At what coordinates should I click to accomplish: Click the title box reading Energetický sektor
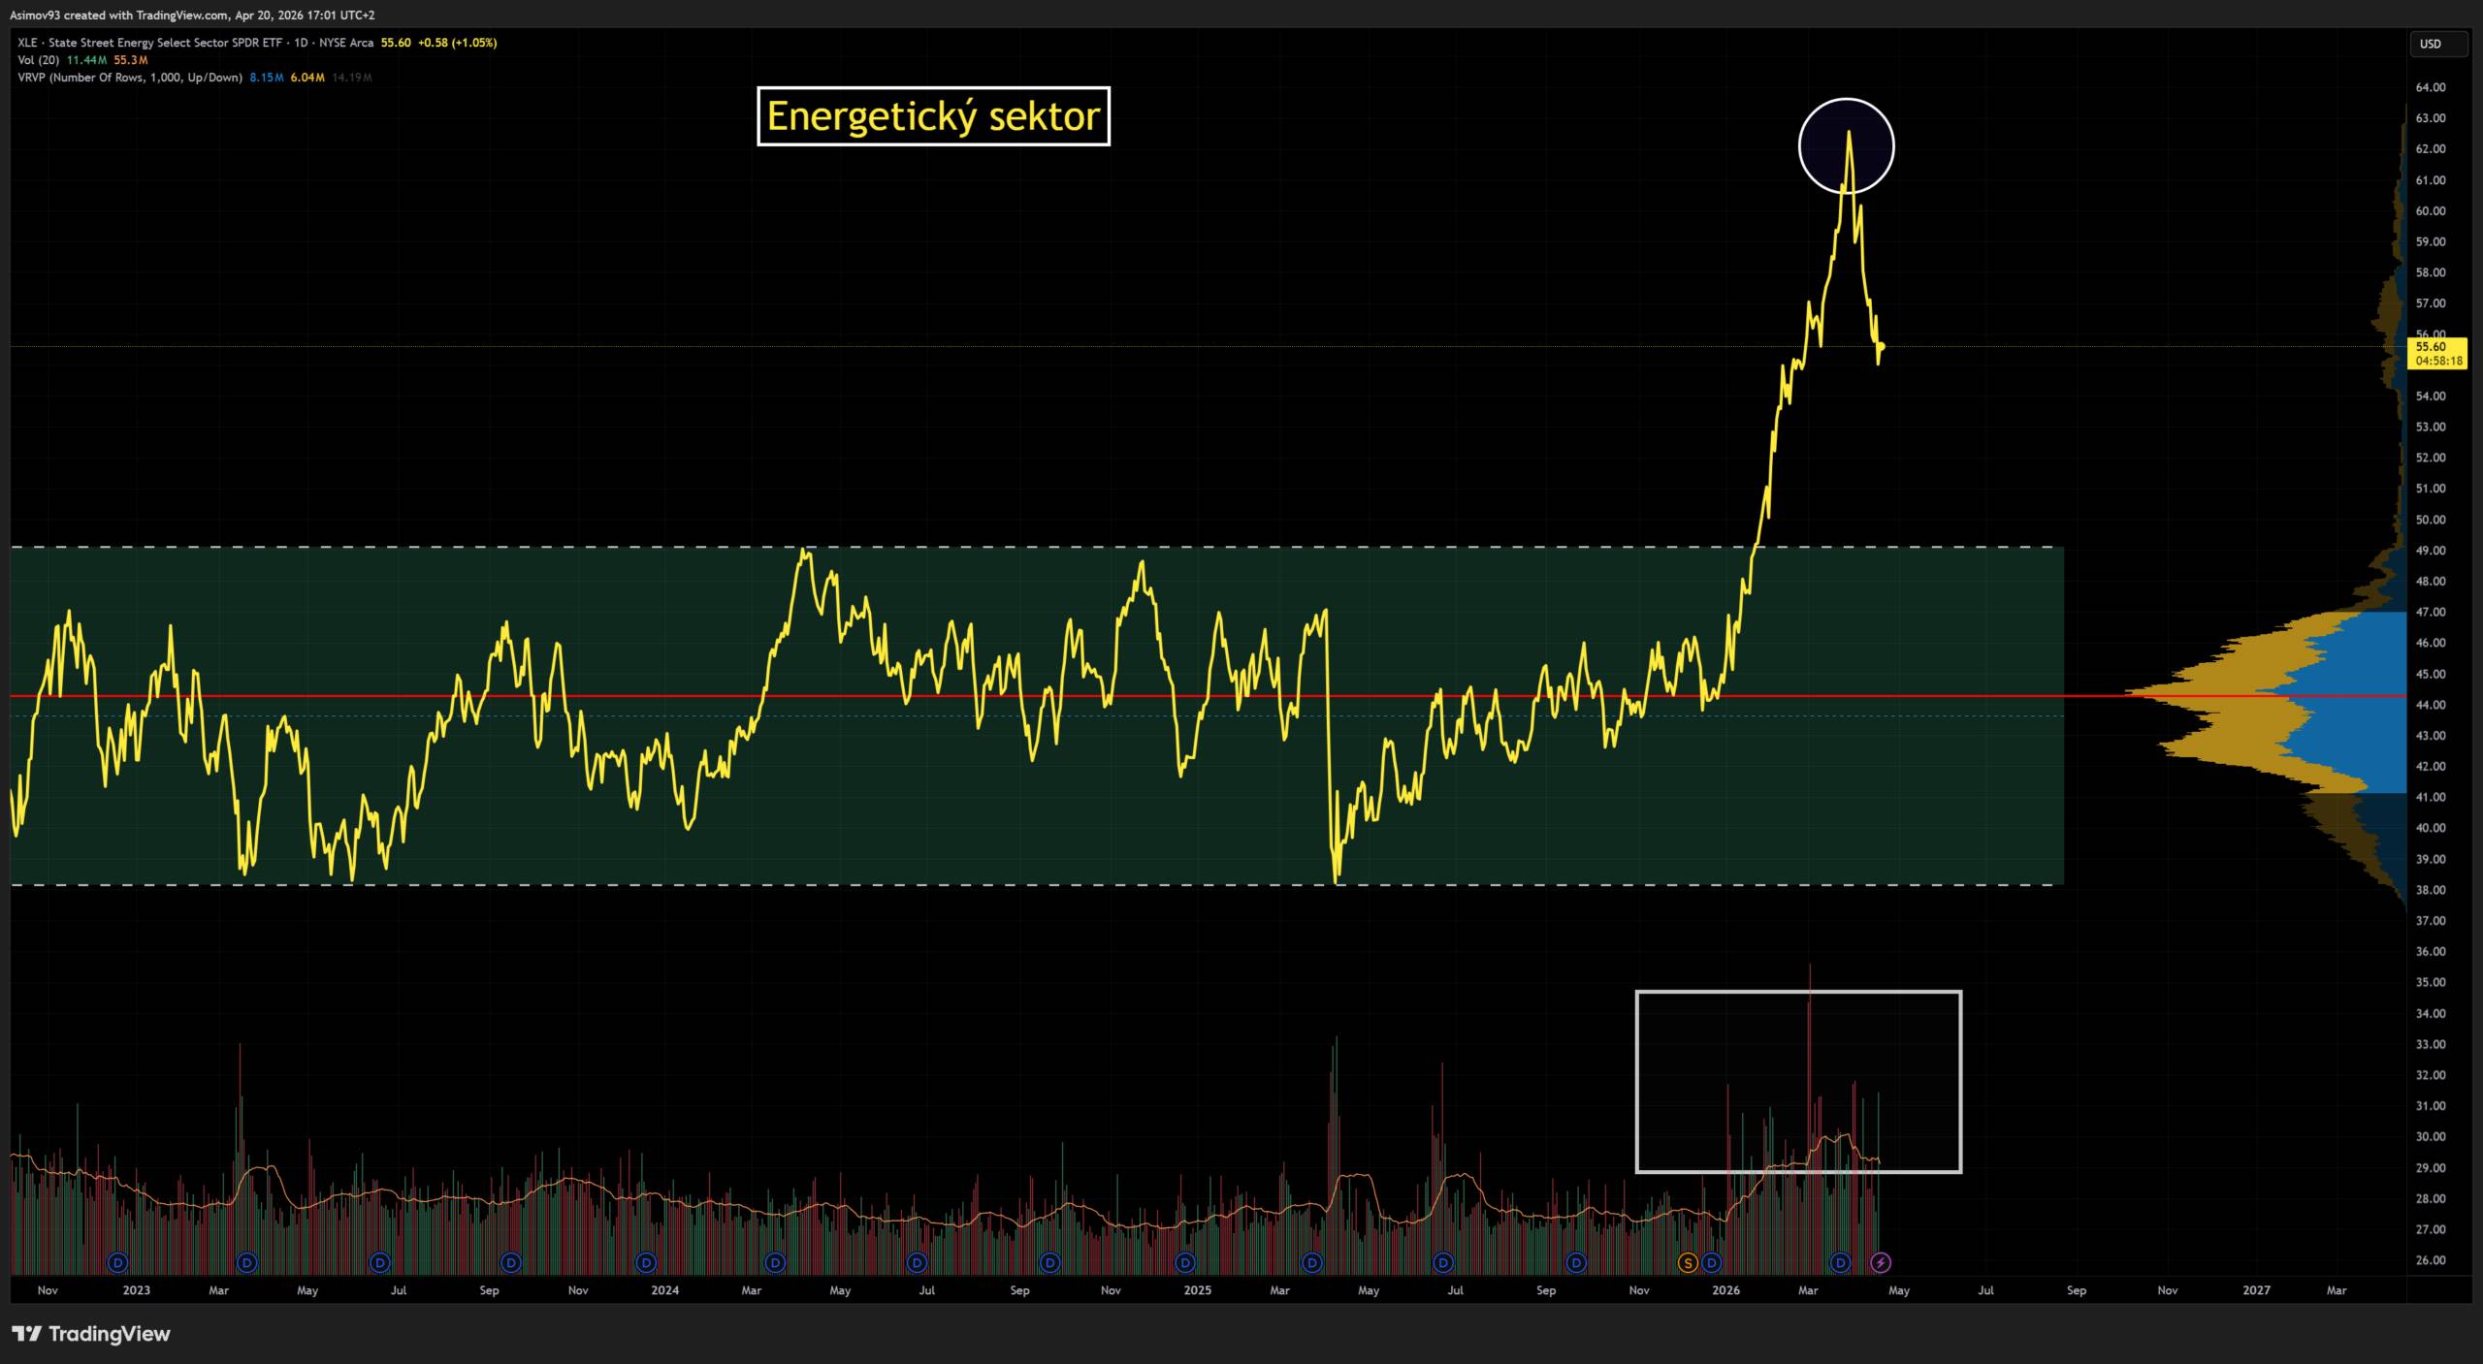(933, 116)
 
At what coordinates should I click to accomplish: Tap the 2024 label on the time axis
(665, 1290)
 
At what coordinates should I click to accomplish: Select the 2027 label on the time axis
(2257, 1290)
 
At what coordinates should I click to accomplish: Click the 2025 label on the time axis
(1198, 1290)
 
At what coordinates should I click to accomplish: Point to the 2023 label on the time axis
(137, 1290)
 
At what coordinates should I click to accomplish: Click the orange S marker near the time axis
(1688, 1262)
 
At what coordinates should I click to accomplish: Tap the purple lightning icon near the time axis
(1881, 1262)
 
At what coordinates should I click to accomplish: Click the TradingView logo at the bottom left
(91, 1334)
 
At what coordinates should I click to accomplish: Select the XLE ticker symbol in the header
(27, 43)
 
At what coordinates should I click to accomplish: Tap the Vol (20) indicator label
(39, 60)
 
